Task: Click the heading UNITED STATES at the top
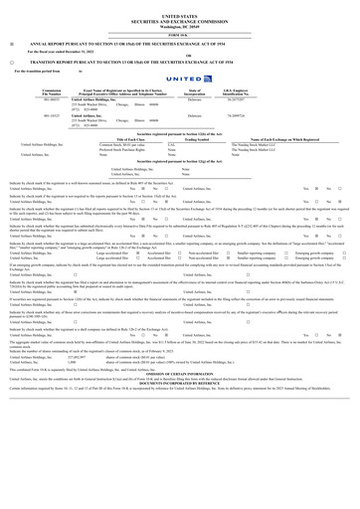tap(180, 17)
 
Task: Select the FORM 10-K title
tap(180, 37)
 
